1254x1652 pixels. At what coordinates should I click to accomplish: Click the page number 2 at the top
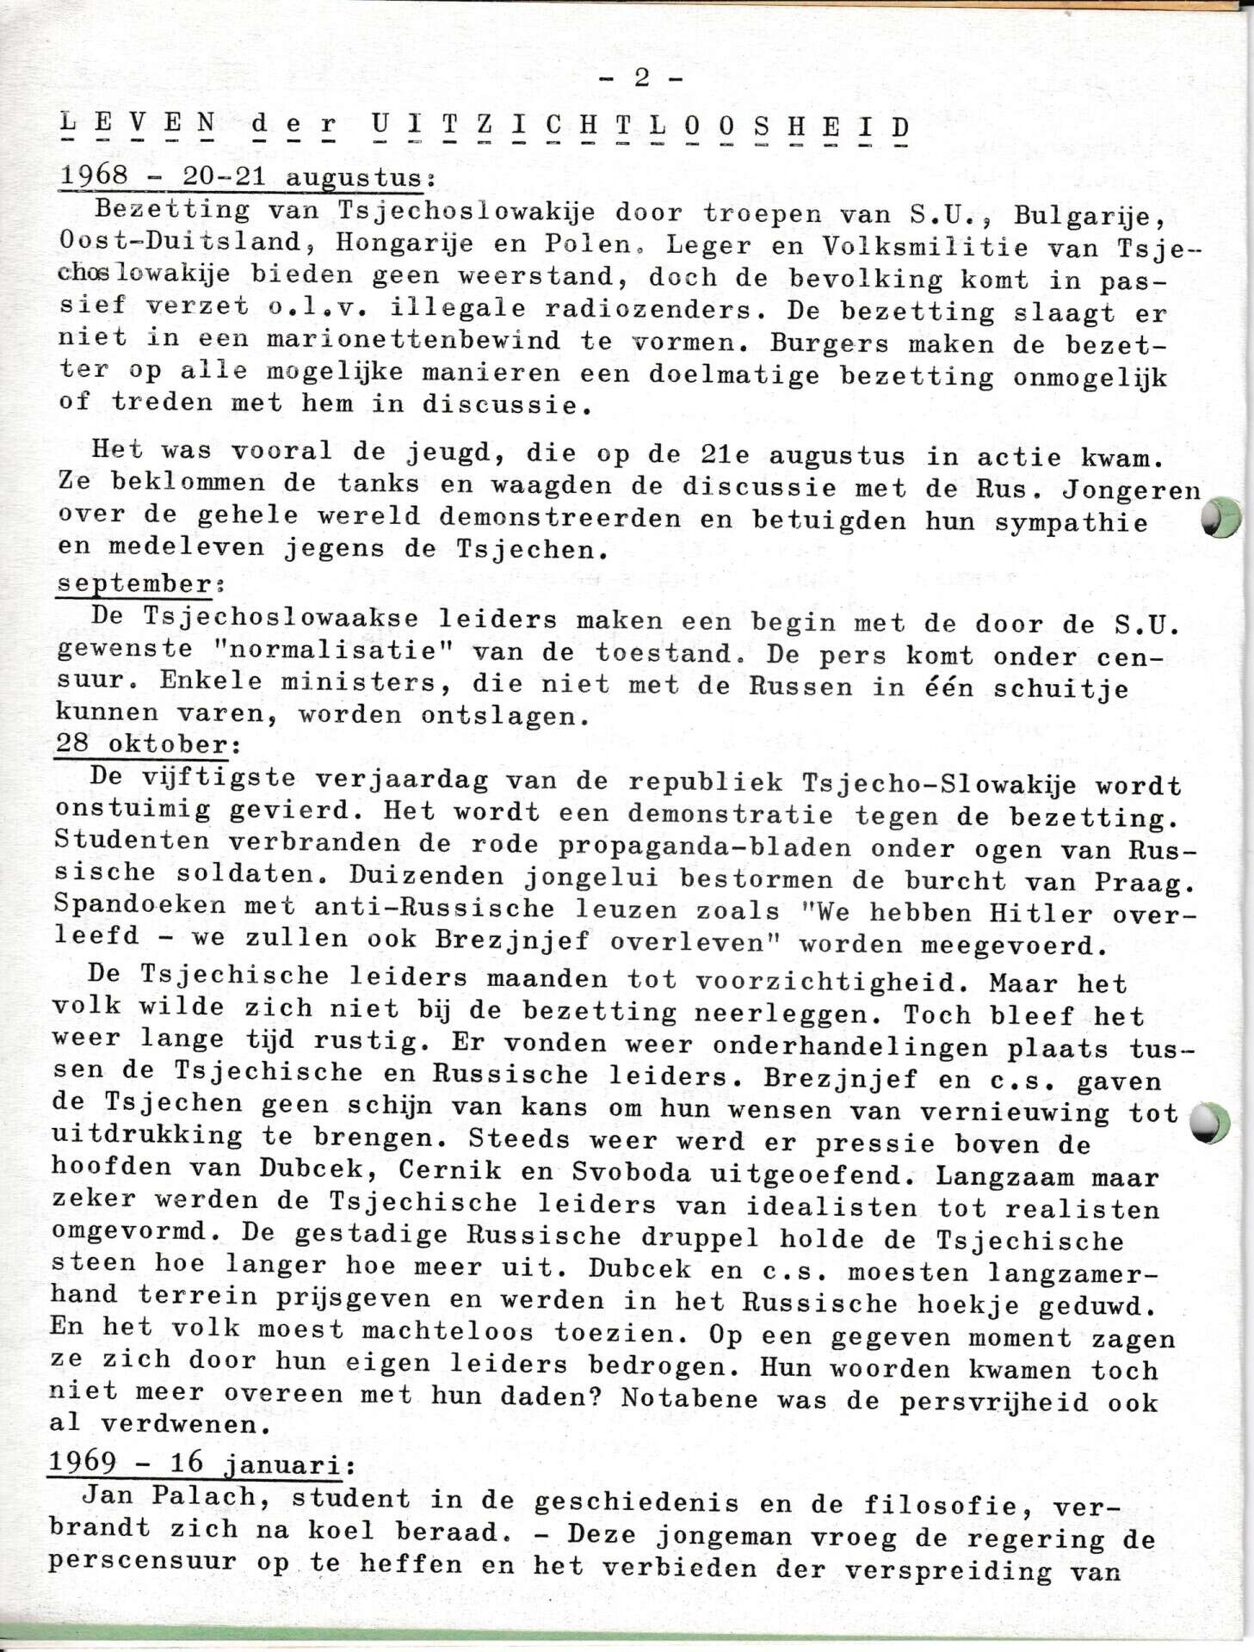pyautogui.click(x=641, y=78)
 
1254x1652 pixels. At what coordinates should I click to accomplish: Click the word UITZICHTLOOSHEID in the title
pyautogui.click(x=640, y=128)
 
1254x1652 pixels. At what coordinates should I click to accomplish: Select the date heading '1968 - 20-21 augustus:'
pyautogui.click(x=245, y=177)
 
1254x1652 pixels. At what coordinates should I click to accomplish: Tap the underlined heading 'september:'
pyautogui.click(x=135, y=583)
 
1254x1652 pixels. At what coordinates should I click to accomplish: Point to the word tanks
pyautogui.click(x=378, y=484)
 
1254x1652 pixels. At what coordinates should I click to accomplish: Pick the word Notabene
pyautogui.click(x=689, y=1398)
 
